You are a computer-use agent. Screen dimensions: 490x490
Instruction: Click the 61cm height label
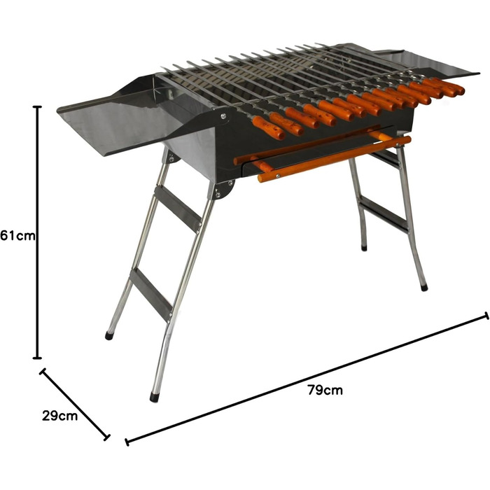pos(17,236)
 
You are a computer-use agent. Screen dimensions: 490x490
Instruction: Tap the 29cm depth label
pos(59,416)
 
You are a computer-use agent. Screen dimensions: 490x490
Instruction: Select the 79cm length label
pos(325,390)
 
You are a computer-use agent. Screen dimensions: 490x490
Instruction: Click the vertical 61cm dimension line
pos(38,232)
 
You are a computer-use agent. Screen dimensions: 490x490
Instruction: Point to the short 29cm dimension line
pos(75,405)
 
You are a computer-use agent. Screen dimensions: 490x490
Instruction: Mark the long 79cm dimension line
pos(307,379)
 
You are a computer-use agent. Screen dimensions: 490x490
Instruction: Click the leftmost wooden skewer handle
pos(268,128)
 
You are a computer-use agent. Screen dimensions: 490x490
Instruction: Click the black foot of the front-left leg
pos(155,397)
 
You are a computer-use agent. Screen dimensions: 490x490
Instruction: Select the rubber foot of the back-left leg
pos(109,336)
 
